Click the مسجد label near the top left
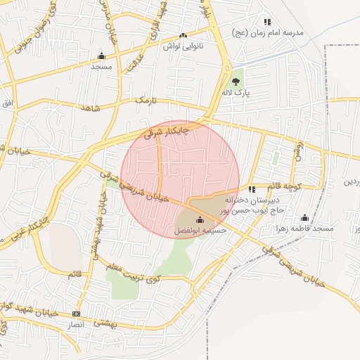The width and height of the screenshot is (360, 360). click(101, 65)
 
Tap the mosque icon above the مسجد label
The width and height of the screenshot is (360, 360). click(101, 56)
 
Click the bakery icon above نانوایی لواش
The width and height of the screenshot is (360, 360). click(183, 35)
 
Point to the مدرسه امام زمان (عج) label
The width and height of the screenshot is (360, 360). click(268, 33)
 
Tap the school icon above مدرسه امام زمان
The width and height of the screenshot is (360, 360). click(267, 22)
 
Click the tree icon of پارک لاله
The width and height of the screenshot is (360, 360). click(236, 82)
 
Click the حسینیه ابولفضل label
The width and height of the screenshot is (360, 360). click(199, 230)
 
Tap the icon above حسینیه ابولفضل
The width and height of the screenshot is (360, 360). click(199, 219)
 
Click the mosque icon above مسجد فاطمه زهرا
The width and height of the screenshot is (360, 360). click(304, 218)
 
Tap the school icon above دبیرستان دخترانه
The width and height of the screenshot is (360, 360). click(252, 189)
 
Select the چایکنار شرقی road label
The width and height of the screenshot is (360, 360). click(167, 130)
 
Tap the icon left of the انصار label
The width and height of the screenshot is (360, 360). click(77, 314)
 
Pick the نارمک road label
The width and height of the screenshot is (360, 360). click(143, 102)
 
